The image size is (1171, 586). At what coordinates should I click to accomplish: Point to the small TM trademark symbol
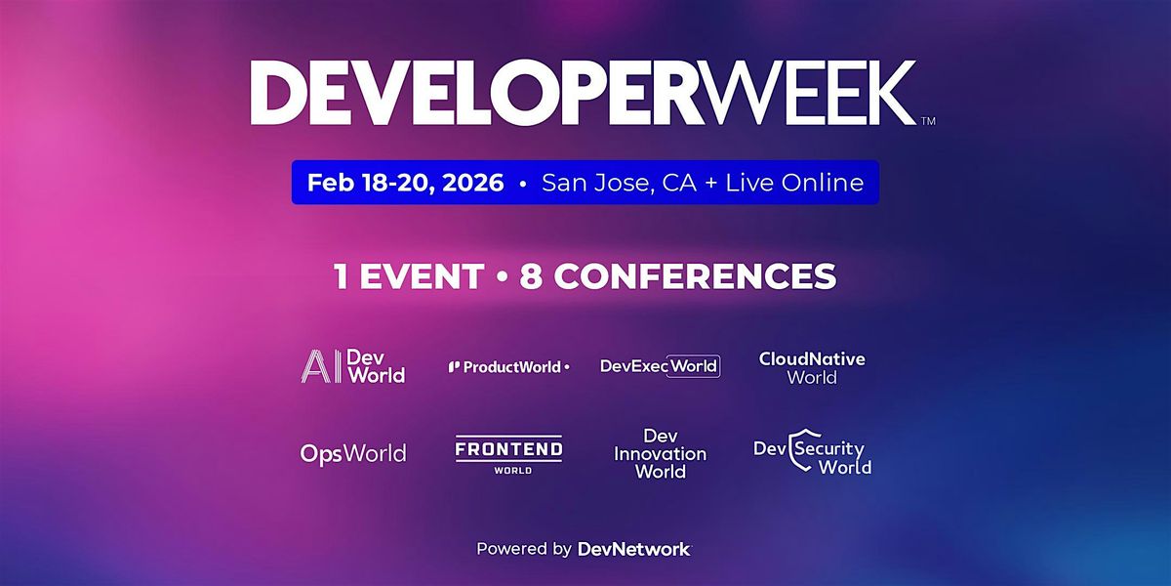click(x=928, y=121)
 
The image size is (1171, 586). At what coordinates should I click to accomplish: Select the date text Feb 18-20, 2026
click(x=405, y=183)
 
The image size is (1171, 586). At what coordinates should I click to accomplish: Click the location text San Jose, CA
click(x=618, y=183)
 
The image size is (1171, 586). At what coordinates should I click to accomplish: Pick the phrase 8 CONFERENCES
click(x=679, y=276)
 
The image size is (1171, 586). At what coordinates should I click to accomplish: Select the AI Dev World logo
click(x=352, y=366)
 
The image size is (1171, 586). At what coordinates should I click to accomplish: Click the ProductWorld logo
click(x=508, y=367)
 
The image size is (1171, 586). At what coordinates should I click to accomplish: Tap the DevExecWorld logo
click(x=660, y=366)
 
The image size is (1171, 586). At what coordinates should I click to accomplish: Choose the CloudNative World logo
click(x=812, y=367)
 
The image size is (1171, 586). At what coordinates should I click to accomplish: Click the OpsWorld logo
click(x=353, y=453)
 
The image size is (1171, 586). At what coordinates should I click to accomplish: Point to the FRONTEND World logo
click(x=508, y=454)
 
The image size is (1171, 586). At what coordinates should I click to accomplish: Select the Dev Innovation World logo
click(x=660, y=453)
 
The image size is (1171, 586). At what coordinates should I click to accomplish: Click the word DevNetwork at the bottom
click(x=633, y=549)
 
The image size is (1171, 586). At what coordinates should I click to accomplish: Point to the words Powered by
click(x=524, y=549)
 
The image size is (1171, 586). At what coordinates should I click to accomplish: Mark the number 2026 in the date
click(x=470, y=183)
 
